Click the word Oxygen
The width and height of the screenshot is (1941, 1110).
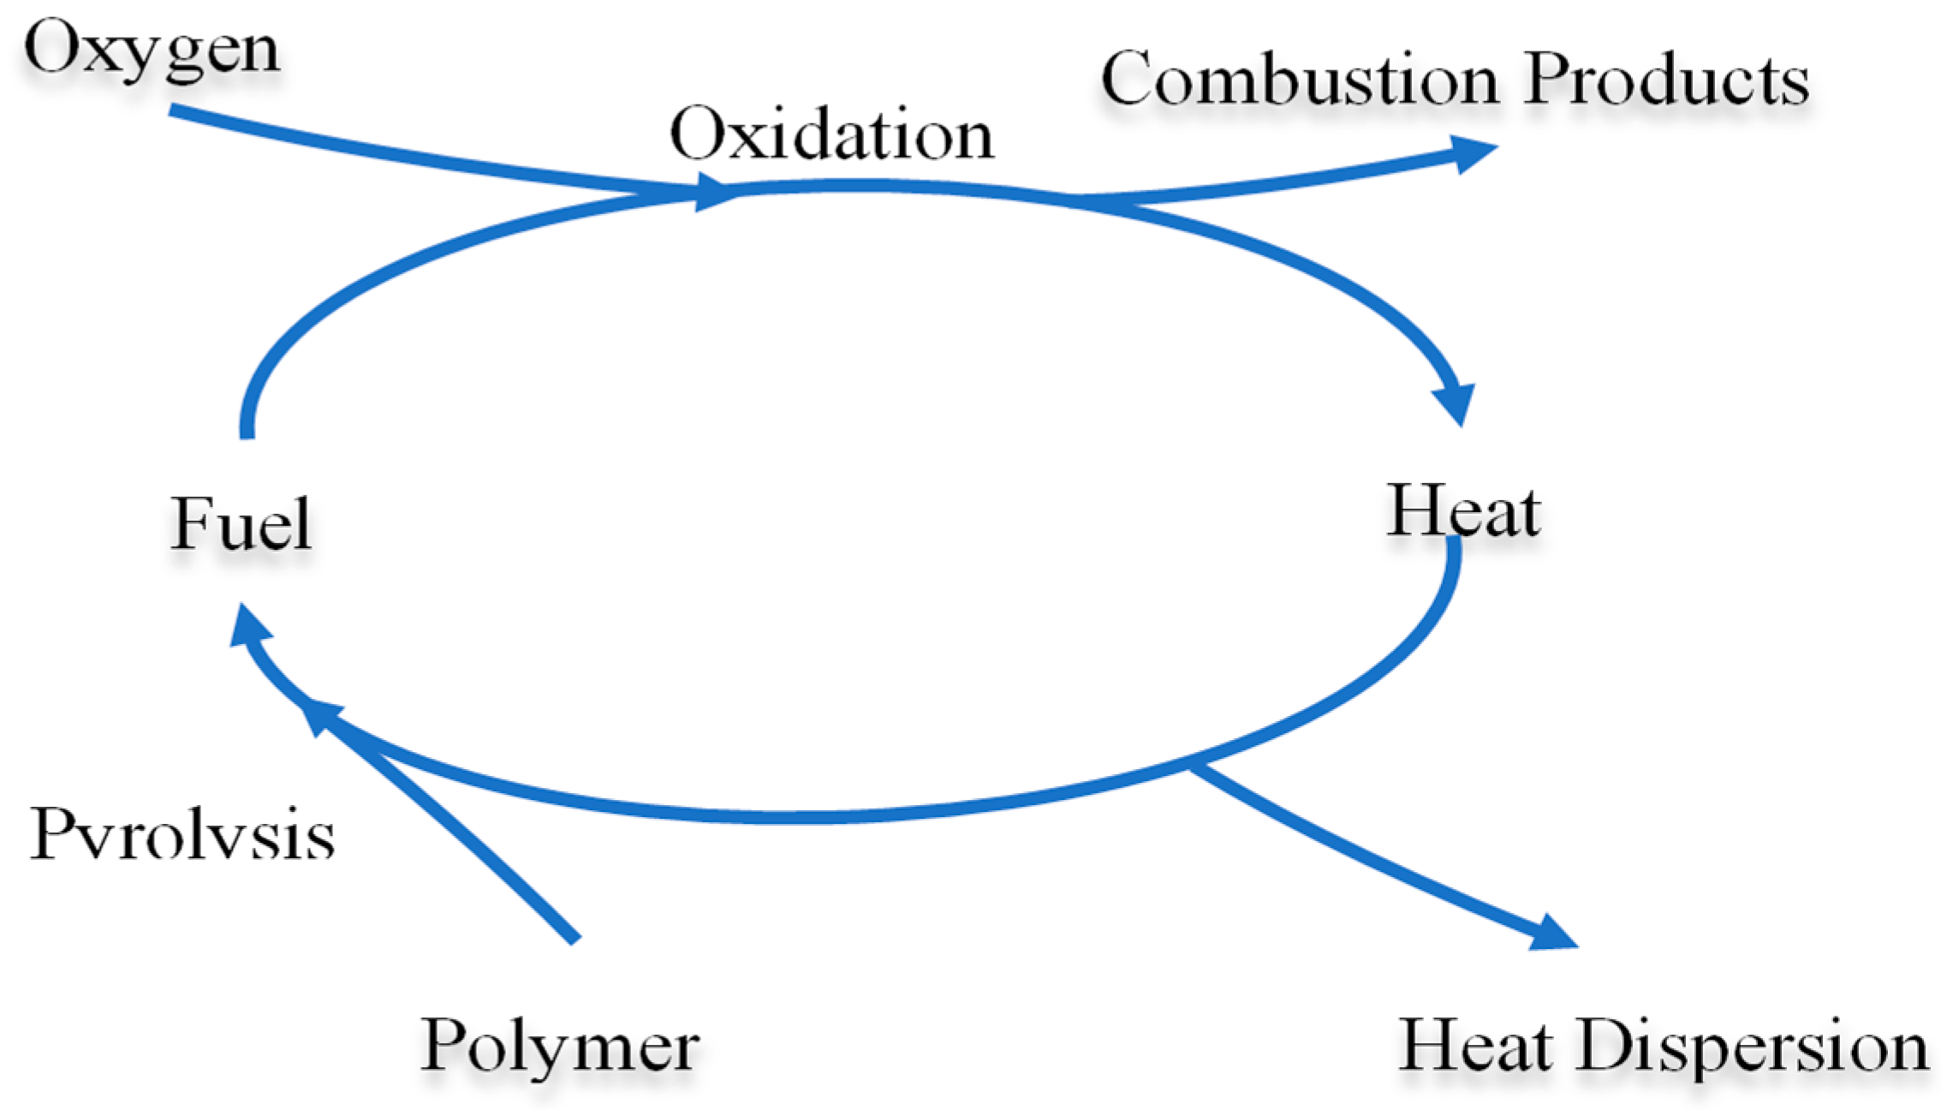(x=151, y=50)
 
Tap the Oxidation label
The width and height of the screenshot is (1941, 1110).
(x=831, y=134)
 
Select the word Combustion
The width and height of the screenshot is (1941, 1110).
(x=1300, y=79)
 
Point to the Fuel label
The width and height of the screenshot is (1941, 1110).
(x=241, y=523)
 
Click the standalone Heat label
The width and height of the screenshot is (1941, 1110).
(x=1463, y=510)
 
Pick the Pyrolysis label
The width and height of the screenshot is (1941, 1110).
(x=182, y=834)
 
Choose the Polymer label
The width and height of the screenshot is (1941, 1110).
(x=560, y=1047)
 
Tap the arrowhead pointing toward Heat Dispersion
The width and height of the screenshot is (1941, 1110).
(x=1551, y=934)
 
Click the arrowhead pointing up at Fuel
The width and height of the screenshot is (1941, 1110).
(x=249, y=624)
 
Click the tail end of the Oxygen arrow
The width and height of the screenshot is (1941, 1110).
(x=174, y=110)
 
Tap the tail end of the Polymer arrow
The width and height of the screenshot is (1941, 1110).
(x=575, y=939)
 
